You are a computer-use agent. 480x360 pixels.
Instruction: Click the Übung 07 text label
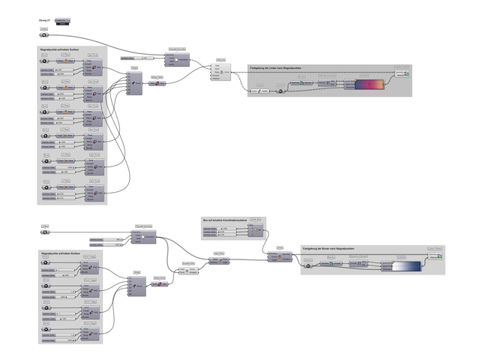pos(43,19)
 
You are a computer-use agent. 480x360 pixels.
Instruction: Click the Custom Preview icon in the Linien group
pos(406,73)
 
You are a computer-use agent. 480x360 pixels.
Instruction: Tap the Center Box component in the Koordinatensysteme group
pos(255,230)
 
